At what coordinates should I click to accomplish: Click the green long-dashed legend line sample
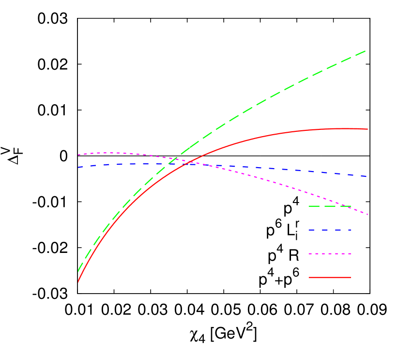(x=330, y=206)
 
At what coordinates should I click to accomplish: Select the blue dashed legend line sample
(x=330, y=230)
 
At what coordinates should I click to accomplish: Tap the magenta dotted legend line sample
(x=330, y=253)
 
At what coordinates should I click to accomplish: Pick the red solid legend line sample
(x=330, y=277)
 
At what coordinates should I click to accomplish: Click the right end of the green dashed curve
(x=366, y=50)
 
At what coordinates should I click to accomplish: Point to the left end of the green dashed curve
(x=78, y=271)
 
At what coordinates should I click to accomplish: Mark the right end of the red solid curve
(x=368, y=129)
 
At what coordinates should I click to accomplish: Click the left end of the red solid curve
(x=78, y=282)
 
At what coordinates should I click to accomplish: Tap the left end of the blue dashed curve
(x=78, y=167)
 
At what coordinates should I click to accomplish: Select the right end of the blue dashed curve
(x=368, y=176)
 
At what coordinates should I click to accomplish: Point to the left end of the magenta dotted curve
(x=78, y=155)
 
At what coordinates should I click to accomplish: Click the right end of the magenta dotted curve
(x=368, y=214)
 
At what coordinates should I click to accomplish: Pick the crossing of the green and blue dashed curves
(x=168, y=164)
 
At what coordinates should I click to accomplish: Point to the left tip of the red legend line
(x=309, y=277)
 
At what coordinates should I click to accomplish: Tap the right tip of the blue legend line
(x=351, y=230)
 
